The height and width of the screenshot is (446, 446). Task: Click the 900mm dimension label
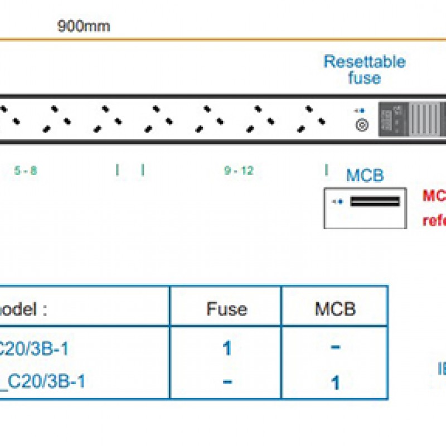tap(84, 26)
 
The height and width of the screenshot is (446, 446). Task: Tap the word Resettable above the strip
tap(364, 61)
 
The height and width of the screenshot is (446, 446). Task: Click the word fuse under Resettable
tap(364, 77)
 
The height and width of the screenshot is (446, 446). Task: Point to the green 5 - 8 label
tap(26, 171)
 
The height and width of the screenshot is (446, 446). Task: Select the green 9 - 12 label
tap(239, 171)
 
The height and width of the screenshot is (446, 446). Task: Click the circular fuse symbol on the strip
tap(362, 125)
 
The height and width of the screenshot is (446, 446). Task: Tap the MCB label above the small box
tap(365, 176)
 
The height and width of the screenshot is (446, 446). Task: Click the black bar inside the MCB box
tap(375, 201)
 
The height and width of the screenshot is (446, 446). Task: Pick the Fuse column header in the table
tap(226, 309)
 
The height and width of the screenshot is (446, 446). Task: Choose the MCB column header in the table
tap(335, 309)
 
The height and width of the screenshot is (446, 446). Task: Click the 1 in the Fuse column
tap(226, 348)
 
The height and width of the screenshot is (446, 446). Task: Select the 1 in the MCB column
tap(336, 383)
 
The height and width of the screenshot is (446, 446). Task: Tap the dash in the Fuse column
tap(226, 382)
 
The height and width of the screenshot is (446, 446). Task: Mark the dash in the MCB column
tap(336, 347)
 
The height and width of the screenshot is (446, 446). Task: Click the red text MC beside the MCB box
tap(434, 196)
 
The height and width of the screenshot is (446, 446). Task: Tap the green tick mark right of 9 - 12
tap(326, 170)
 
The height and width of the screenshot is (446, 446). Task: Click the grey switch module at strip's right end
tap(412, 119)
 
